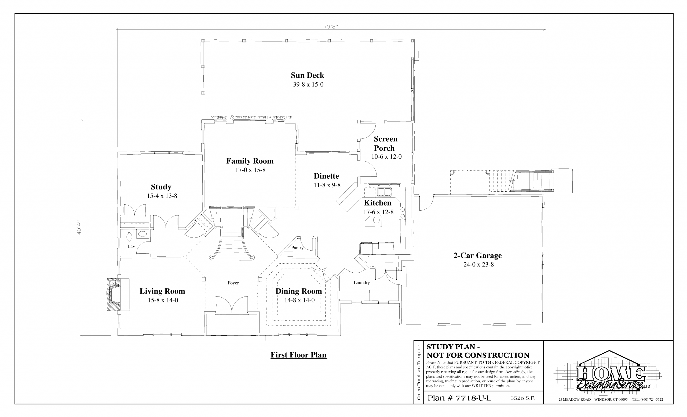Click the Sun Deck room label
point(308,75)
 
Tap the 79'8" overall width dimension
point(331,27)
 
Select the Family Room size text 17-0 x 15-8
point(250,170)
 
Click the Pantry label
point(297,247)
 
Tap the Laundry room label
point(362,283)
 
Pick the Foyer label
point(233,283)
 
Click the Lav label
point(131,246)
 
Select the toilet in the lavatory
point(129,235)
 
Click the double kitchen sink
point(385,192)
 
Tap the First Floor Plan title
point(299,355)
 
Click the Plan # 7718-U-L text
point(459,398)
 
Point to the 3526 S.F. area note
point(523,398)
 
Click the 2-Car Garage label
point(478,255)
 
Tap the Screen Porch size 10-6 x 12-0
point(386,157)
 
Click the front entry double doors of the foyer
point(232,305)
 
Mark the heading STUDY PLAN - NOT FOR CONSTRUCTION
point(478,351)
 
